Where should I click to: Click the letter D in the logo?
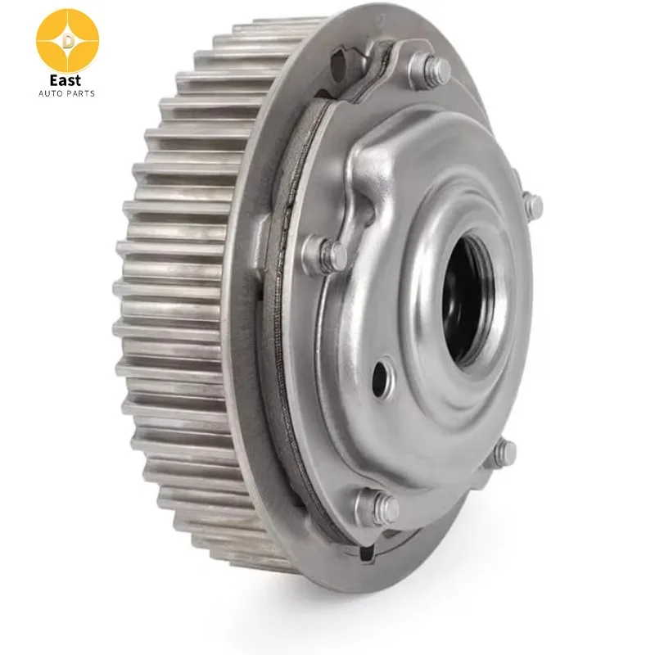(x=67, y=38)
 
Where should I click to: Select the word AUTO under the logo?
(x=50, y=93)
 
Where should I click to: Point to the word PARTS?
(x=80, y=93)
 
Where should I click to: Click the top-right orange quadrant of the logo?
(x=84, y=24)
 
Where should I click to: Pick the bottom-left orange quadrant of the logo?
(x=51, y=54)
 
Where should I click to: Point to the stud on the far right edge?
(x=532, y=205)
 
